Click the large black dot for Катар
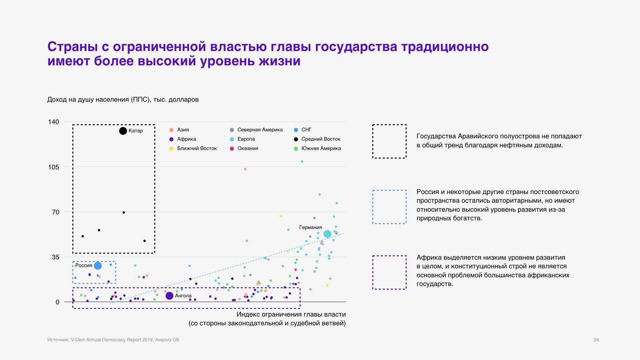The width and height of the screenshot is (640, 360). point(123,131)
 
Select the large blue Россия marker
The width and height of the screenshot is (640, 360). point(98,266)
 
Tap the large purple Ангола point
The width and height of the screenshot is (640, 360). point(169,296)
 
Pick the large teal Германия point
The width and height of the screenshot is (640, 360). point(327,234)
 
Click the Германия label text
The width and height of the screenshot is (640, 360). point(310,227)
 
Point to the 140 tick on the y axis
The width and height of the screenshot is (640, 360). point(54,122)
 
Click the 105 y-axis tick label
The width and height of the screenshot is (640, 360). point(54,167)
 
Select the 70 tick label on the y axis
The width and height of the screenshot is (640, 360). point(55,212)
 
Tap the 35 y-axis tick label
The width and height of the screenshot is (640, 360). point(55,257)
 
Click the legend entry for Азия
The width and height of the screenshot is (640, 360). point(183,130)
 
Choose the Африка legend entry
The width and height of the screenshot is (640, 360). point(186,139)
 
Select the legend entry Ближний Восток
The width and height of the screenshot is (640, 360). point(197,148)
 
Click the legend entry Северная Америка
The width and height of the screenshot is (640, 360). point(260,130)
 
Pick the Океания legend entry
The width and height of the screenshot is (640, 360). point(248,148)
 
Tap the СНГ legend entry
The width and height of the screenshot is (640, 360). point(306,130)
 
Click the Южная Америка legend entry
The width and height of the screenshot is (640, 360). point(321,148)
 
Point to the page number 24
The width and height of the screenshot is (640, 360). point(596,340)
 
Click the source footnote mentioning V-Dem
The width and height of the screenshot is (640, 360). point(113,340)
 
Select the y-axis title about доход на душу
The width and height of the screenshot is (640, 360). point(123,100)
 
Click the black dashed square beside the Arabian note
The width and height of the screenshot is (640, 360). point(389,141)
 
